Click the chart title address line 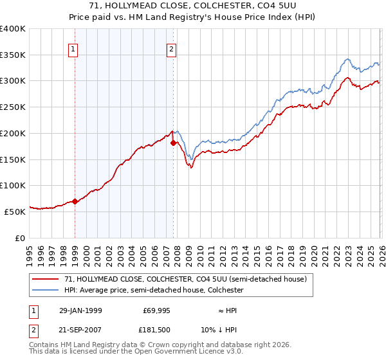192,6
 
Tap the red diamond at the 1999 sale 75,201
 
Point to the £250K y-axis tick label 12,107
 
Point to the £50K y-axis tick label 14,212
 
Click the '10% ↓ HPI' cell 227,331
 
